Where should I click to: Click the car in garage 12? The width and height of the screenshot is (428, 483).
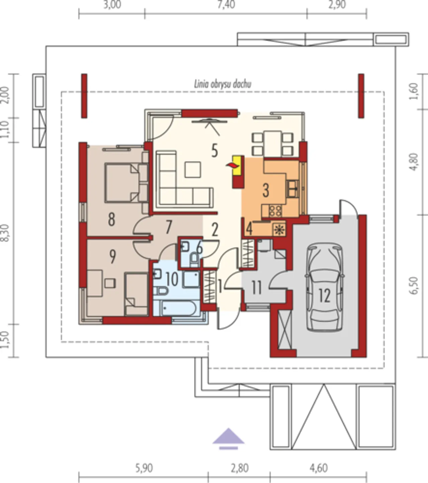pyautogui.click(x=325, y=287)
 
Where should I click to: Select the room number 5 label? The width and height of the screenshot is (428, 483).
pyautogui.click(x=214, y=151)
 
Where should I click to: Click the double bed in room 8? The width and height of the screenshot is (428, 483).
pyautogui.click(x=126, y=183)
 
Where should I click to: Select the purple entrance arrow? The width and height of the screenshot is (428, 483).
pyautogui.click(x=228, y=438)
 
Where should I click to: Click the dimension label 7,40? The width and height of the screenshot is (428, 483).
pyautogui.click(x=226, y=5)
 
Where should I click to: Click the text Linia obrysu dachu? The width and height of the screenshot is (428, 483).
pyautogui.click(x=223, y=84)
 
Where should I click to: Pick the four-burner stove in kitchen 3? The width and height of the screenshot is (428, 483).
pyautogui.click(x=276, y=211)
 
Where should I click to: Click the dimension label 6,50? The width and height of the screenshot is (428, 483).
pyautogui.click(x=415, y=285)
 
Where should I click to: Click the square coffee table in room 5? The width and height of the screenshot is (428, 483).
pyautogui.click(x=193, y=169)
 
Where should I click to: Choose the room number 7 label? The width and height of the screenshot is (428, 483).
pyautogui.click(x=169, y=227)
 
